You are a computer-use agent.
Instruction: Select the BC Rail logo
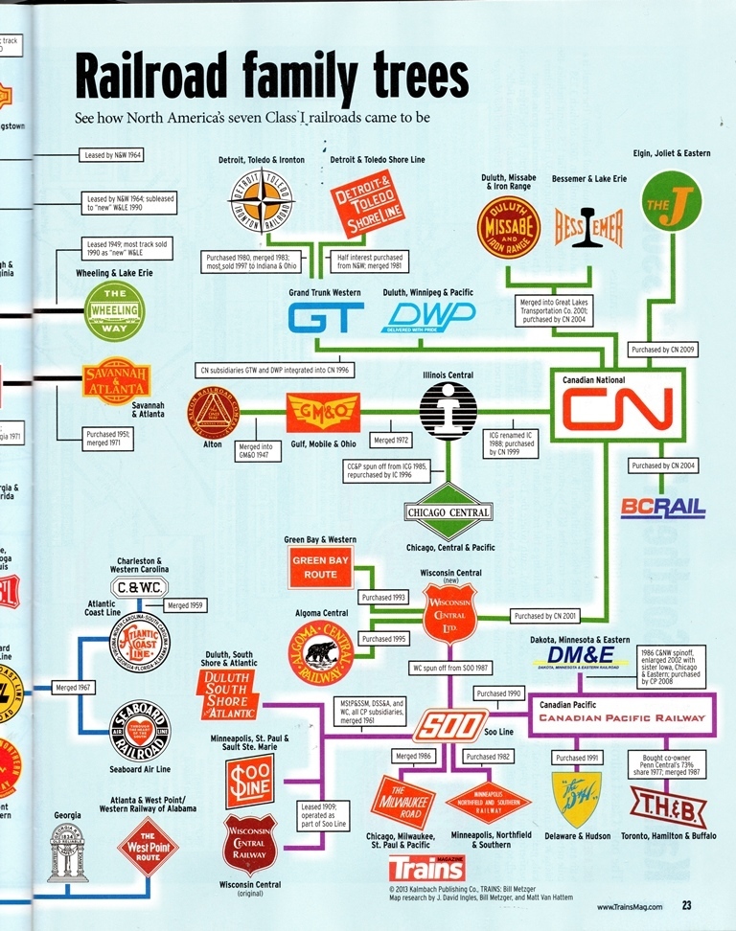[663, 508]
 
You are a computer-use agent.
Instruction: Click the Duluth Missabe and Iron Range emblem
[509, 228]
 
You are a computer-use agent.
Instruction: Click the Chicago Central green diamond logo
[448, 511]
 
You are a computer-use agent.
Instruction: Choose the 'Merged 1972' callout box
[391, 440]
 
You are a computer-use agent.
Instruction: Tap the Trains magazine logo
[426, 868]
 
